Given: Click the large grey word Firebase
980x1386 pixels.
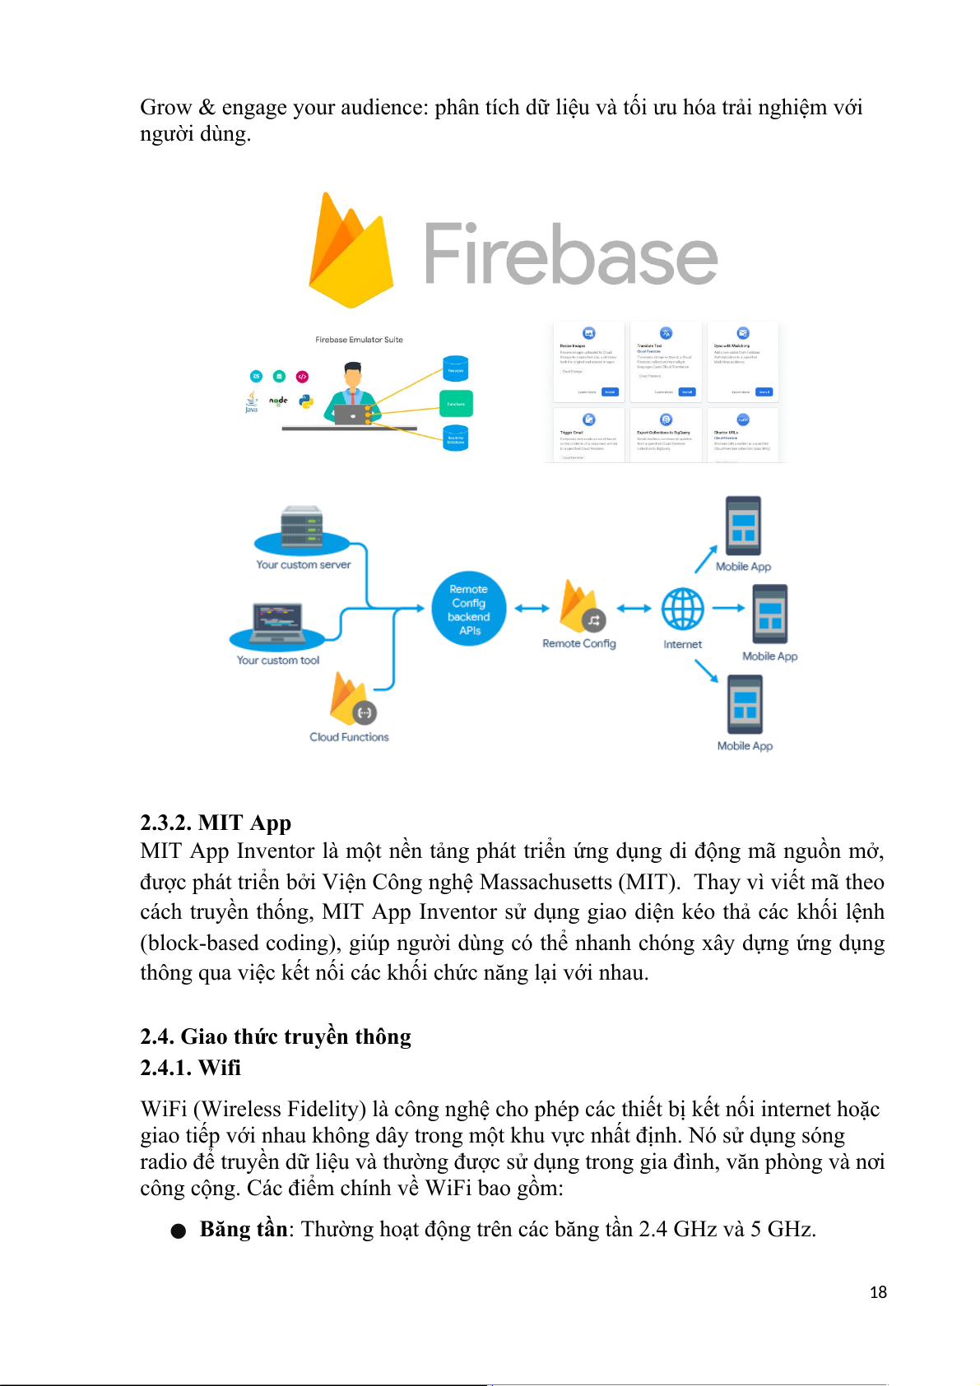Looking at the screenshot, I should [x=570, y=254].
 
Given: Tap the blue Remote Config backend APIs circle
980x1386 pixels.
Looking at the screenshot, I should [x=468, y=610].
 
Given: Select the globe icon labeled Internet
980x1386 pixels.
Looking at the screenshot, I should [x=682, y=610].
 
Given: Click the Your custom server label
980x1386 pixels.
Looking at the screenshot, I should [x=303, y=565].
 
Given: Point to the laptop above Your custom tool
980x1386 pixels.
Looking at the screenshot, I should [x=277, y=623].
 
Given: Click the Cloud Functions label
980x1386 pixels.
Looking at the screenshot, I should [x=349, y=737].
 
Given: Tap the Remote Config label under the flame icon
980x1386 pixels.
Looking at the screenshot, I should [x=578, y=643].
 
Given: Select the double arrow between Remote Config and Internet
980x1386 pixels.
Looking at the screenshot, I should [x=634, y=609].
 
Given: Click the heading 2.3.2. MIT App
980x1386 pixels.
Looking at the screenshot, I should [x=216, y=823].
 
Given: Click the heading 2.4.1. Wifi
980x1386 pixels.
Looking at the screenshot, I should [x=190, y=1068].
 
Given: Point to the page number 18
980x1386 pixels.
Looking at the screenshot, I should [x=878, y=1292].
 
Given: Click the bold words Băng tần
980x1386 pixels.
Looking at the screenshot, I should [x=244, y=1229].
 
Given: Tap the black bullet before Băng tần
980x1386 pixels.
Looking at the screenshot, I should [x=179, y=1231].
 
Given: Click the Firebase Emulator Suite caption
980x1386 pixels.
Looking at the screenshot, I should [x=359, y=340].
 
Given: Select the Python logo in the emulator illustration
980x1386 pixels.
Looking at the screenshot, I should [x=306, y=401].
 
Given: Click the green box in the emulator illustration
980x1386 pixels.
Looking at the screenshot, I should [x=456, y=404].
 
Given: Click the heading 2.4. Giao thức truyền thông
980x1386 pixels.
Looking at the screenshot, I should [x=275, y=1036].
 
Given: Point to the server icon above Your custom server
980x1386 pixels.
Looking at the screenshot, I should [x=302, y=526].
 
